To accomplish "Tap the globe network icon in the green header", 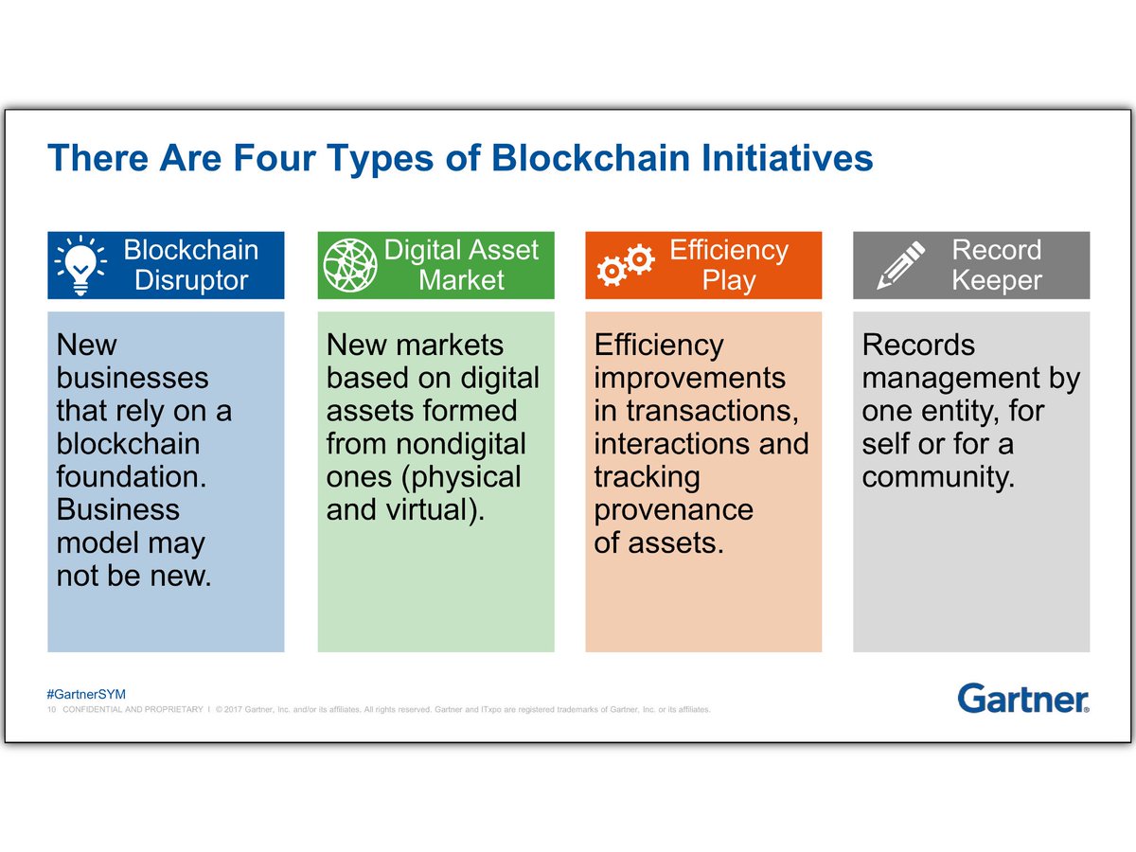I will [350, 265].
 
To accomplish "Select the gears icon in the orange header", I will [626, 265].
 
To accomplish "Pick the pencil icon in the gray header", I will [900, 265].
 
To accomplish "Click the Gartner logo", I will [1023, 699].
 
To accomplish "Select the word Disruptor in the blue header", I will [190, 281].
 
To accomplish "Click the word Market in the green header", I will [461, 281].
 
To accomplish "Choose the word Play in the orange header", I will [728, 281].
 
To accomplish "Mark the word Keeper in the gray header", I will [996, 281].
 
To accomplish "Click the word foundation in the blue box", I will [132, 476].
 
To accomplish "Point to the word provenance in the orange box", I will [673, 509].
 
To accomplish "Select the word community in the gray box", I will [937, 476].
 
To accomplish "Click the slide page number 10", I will [52, 709].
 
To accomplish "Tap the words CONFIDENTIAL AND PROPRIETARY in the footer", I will [133, 709].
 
